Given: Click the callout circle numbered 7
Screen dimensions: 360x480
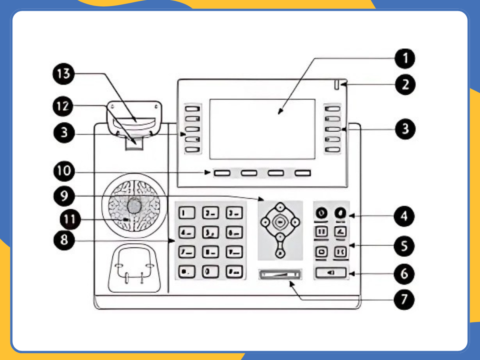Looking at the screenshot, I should [404, 299].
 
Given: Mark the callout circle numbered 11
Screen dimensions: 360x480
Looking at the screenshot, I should [70, 220].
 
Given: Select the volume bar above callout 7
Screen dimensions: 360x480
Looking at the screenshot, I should [280, 274].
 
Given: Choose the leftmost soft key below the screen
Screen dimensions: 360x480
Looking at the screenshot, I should [222, 173].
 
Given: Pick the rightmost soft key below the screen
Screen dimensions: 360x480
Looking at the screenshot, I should [303, 173].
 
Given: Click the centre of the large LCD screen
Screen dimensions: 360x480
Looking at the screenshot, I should [262, 129].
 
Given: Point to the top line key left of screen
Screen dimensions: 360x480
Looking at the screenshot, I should [193, 108].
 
